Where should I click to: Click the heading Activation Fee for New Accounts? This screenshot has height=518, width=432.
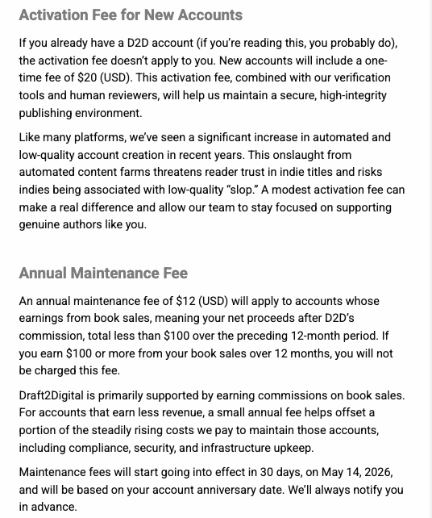coord(131,15)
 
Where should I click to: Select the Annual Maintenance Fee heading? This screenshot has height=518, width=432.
coord(103,274)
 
